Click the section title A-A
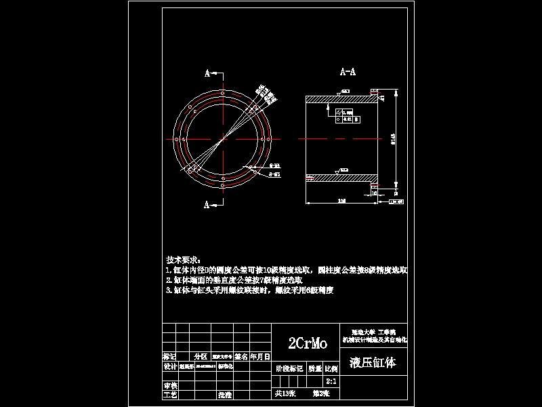(348, 71)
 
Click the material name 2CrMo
(308, 343)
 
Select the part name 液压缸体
(373, 363)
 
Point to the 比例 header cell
(331, 370)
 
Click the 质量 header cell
(315, 370)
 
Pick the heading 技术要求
(183, 260)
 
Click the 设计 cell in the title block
(169, 366)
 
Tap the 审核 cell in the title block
(169, 385)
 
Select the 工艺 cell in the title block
(169, 393)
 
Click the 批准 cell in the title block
(224, 393)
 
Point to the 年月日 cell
(261, 355)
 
